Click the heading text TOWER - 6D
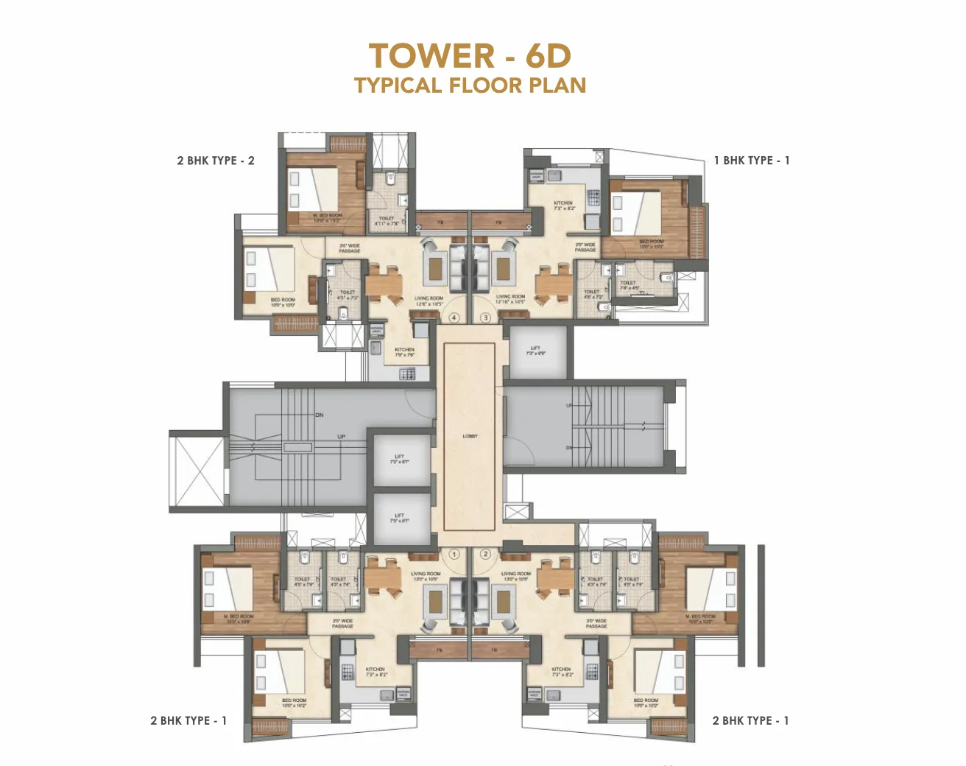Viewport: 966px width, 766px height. click(470, 56)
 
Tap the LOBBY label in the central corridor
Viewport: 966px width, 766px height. click(470, 436)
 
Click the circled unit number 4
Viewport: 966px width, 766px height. click(454, 318)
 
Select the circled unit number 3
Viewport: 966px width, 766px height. click(485, 318)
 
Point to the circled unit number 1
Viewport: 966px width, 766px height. click(454, 554)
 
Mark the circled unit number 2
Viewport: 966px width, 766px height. click(485, 554)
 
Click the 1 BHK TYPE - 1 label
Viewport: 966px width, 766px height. click(751, 161)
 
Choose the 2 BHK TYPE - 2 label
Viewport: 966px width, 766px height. click(216, 161)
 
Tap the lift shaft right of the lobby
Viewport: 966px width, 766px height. click(536, 351)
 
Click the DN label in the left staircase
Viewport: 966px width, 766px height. click(320, 415)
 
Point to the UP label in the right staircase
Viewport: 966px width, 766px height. click(569, 406)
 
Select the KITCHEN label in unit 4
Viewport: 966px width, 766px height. click(404, 352)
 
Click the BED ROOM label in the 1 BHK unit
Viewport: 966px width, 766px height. click(651, 244)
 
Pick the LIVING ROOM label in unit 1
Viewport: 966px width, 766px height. click(426, 576)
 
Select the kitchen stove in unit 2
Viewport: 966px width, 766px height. click(591, 671)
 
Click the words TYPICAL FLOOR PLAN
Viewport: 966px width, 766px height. click(470, 85)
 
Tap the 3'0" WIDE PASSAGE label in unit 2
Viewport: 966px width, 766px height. click(596, 623)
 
